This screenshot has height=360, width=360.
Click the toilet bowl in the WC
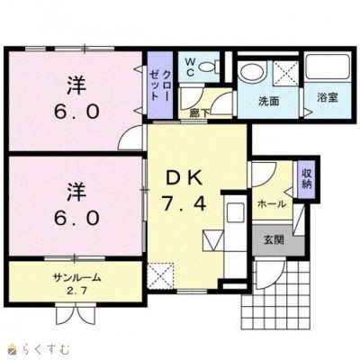click(209, 67)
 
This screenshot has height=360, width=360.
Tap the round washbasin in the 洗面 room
click(253, 69)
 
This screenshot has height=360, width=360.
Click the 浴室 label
click(328, 98)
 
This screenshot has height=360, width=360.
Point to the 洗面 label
click(269, 102)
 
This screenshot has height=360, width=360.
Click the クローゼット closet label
click(160, 85)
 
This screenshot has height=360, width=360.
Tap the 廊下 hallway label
click(200, 113)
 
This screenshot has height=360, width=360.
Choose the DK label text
click(184, 178)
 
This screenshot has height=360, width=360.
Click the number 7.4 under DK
click(184, 204)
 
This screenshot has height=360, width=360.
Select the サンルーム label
click(76, 278)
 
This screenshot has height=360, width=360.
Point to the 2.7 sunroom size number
click(76, 291)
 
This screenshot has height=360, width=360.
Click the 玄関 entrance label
click(274, 240)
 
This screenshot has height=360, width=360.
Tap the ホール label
click(272, 204)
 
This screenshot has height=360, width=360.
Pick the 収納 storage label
click(306, 179)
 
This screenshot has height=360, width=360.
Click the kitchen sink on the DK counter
click(236, 212)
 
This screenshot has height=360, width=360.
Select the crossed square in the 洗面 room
click(285, 73)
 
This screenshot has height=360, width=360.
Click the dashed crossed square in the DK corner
click(161, 276)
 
